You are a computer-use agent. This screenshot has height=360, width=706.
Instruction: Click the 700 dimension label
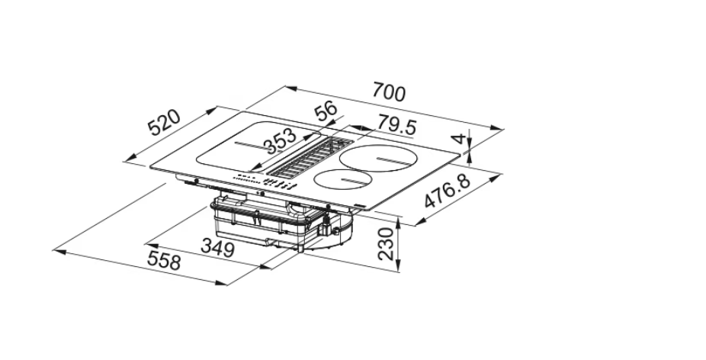389,92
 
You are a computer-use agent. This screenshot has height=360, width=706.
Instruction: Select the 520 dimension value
165,123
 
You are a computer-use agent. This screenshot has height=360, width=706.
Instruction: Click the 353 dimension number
280,140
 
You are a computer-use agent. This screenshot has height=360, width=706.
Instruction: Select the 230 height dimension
387,244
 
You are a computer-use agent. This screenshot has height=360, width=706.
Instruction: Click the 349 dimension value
218,248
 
